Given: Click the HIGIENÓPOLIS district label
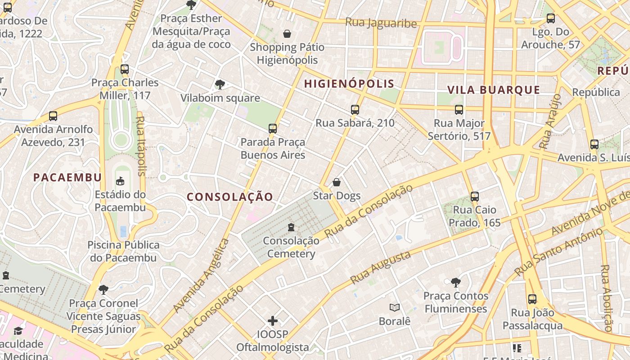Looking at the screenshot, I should (x=349, y=84).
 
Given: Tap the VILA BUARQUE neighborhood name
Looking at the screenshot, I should (x=494, y=90).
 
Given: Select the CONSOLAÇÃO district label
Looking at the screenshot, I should (x=229, y=197).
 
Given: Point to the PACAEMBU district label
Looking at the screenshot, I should (x=67, y=177).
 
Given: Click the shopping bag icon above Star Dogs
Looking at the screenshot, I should (x=336, y=182).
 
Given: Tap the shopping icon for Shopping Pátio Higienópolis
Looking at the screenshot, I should (x=287, y=34).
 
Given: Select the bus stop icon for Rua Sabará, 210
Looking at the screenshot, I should (x=355, y=109).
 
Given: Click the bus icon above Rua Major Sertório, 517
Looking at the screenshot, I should (x=459, y=109).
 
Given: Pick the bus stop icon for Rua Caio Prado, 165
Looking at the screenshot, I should (x=475, y=196).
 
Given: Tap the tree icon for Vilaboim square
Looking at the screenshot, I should (x=220, y=84).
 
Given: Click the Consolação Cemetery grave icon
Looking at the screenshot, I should (x=291, y=227).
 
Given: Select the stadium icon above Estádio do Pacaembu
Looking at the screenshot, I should (x=120, y=181).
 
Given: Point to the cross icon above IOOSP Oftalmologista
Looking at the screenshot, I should (x=273, y=321).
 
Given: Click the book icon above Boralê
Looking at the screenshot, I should (x=395, y=307).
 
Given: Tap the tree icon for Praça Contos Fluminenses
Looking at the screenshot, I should (x=456, y=282).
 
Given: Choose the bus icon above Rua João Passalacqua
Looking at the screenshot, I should (x=532, y=299).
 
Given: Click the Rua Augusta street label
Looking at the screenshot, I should (x=380, y=267).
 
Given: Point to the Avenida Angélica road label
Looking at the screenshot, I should (x=201, y=275).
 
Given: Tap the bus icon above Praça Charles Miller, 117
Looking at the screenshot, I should (x=125, y=69).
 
